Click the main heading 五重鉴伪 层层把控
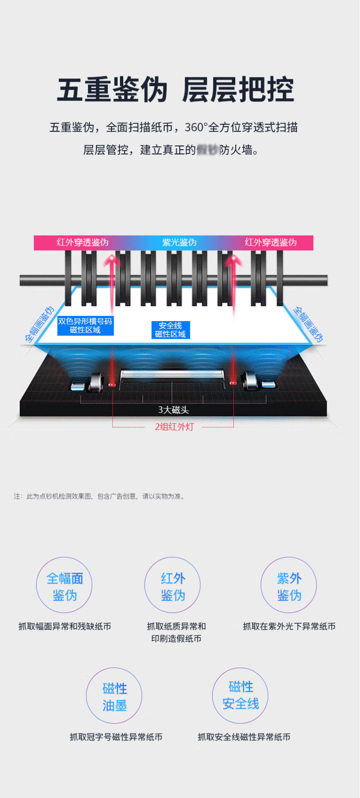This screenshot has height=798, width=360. tap(175, 89)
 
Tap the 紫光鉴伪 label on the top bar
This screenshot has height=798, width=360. tap(179, 242)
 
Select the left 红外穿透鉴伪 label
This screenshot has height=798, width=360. tap(83, 242)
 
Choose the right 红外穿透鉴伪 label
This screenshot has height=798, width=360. tap(271, 242)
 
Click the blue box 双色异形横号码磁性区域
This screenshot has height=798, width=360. tap(85, 325)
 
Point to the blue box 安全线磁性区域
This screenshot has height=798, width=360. tap(170, 330)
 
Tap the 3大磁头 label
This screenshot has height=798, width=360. tap(173, 410)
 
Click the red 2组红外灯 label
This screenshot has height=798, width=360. tap(174, 427)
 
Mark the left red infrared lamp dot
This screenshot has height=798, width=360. tap(112, 384)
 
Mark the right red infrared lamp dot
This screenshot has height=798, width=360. tap(232, 382)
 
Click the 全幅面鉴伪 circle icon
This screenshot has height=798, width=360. tap(64, 586)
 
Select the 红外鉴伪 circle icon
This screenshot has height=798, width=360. tap(172, 586)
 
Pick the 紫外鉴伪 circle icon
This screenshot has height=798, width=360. tap(289, 586)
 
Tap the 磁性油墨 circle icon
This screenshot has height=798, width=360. tap(114, 696)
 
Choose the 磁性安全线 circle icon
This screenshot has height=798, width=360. tap(240, 695)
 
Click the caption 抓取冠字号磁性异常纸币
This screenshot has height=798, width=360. tap(116, 737)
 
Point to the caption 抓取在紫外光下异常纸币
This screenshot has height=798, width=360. tap(289, 626)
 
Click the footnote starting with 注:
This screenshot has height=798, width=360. tap(99, 496)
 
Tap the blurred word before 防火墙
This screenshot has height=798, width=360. tap(207, 150)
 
